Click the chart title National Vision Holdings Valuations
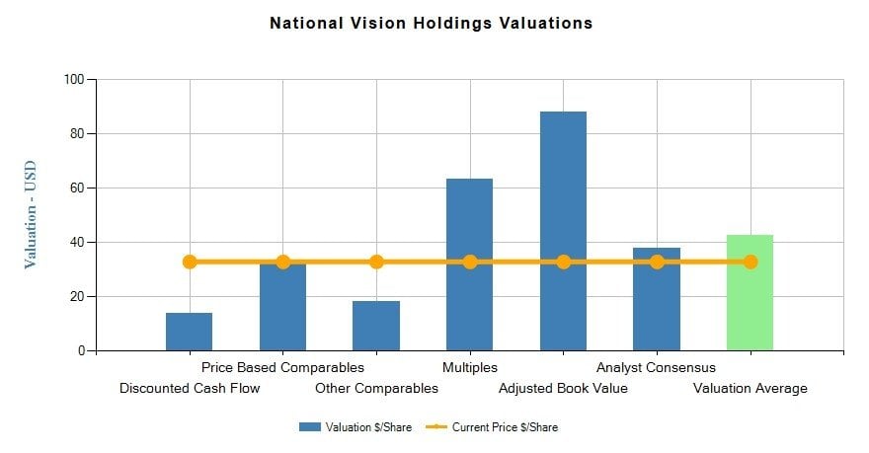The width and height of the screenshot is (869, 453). pyautogui.click(x=431, y=23)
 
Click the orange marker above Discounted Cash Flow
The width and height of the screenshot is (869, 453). pyautogui.click(x=190, y=262)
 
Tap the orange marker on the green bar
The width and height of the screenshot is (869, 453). pyautogui.click(x=750, y=262)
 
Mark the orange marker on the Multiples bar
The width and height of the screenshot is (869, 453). pyautogui.click(x=470, y=262)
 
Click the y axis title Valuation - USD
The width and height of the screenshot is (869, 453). pyautogui.click(x=30, y=214)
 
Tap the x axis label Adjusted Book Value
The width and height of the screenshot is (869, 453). pyautogui.click(x=563, y=388)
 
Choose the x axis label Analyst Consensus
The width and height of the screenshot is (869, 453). pyautogui.click(x=656, y=368)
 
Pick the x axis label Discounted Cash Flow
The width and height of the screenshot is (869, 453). pyautogui.click(x=190, y=388)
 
